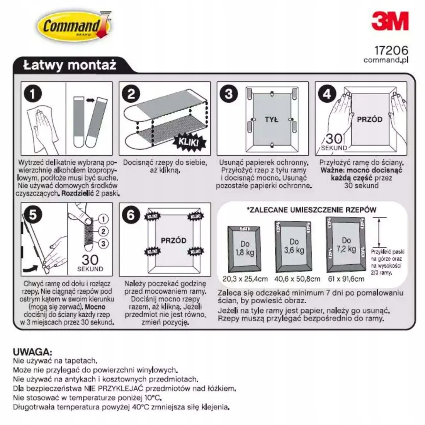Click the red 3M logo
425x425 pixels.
(390, 21)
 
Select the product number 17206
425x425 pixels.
(391, 50)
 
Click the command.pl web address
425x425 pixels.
(386, 60)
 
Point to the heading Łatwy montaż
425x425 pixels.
(70, 65)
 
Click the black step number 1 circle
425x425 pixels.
(33, 94)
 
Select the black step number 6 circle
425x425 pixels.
(131, 215)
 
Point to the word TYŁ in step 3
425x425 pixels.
(271, 119)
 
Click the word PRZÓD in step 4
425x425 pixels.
(369, 119)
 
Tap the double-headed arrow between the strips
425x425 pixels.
(90, 100)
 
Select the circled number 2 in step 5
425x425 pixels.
(103, 231)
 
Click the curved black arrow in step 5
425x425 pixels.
(31, 269)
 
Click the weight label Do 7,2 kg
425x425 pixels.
(347, 245)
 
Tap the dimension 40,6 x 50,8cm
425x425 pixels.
(297, 279)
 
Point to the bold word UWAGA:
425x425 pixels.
(32, 352)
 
